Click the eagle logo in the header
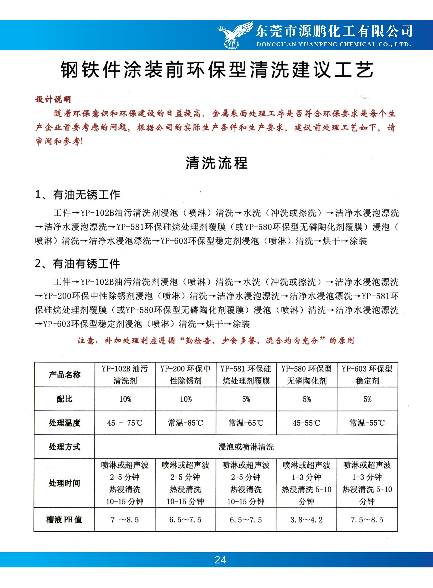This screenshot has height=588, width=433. pyautogui.click(x=234, y=35)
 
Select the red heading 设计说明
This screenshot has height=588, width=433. pyautogui.click(x=53, y=99)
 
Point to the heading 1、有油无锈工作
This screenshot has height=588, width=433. pyautogui.click(x=78, y=195)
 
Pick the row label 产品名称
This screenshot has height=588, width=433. pyautogui.click(x=65, y=375)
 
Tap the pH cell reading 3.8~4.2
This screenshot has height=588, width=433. pyautogui.click(x=306, y=520)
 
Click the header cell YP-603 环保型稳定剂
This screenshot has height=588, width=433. pyautogui.click(x=367, y=375)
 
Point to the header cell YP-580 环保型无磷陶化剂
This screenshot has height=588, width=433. pyautogui.click(x=306, y=375)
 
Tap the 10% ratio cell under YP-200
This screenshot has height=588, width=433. pyautogui.click(x=185, y=399)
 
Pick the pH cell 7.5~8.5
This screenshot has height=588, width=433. pyautogui.click(x=367, y=520)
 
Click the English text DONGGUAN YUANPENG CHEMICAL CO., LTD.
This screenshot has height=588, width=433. pyautogui.click(x=333, y=45)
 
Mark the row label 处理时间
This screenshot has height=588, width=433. pyautogui.click(x=65, y=483)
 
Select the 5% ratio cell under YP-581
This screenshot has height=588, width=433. pyautogui.click(x=246, y=399)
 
